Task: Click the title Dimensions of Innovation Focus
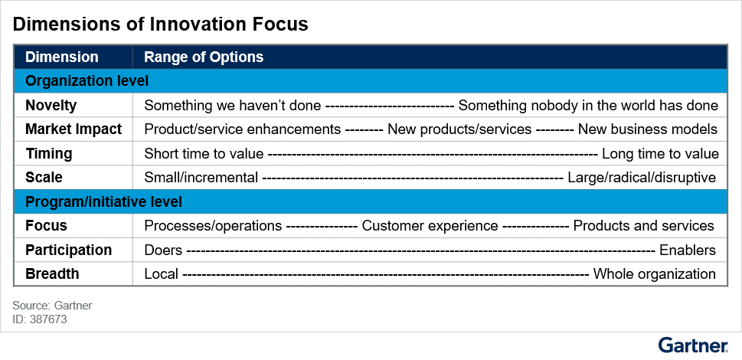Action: tap(160, 24)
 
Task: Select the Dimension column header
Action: tap(61, 57)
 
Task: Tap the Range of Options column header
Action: tap(204, 57)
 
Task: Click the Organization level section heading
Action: tap(87, 80)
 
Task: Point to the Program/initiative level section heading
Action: tap(103, 201)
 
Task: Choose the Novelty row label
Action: tap(51, 106)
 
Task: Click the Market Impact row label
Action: tap(74, 129)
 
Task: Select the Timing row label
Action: tap(48, 153)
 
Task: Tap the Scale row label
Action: tap(44, 177)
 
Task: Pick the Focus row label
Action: tap(46, 226)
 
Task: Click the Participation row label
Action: tap(68, 250)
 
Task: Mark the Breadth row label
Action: tap(52, 273)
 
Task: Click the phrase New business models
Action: tap(647, 129)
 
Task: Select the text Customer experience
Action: tap(430, 226)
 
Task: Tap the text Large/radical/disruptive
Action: tap(641, 177)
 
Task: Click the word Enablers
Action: tap(687, 250)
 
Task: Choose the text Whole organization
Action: tap(654, 273)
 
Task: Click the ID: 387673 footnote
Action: tap(40, 319)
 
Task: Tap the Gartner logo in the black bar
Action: tap(693, 345)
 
